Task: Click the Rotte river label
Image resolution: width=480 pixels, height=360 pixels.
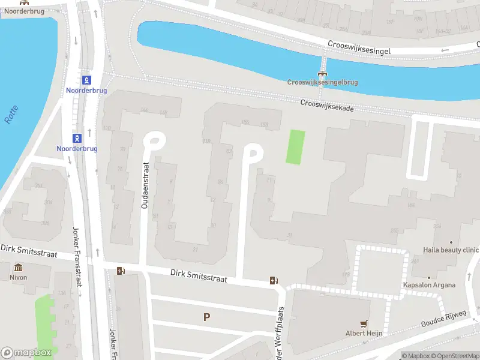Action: tap(11, 115)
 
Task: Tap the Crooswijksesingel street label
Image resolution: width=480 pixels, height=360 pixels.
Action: tap(359, 47)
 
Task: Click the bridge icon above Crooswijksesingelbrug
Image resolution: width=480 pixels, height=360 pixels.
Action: tap(322, 73)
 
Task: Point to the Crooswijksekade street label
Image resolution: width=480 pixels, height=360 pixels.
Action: tap(327, 106)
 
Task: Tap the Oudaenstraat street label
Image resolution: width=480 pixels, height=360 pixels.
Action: tap(145, 185)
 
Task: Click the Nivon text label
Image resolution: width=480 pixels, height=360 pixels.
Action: tap(17, 278)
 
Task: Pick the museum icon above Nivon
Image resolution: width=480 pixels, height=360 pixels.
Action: tap(18, 268)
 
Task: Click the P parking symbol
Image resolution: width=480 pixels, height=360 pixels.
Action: tap(206, 317)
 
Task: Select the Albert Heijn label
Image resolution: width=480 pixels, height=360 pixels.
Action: tap(364, 333)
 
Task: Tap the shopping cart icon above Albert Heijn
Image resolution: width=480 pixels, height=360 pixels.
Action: tap(364, 323)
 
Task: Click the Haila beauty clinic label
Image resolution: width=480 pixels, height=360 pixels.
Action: tap(451, 250)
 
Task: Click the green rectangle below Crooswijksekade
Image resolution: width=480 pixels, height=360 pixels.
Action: tap(295, 147)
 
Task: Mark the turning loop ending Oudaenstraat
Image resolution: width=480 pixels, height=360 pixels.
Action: tap(154, 142)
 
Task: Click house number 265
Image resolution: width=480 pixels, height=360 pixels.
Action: tap(394, 230)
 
